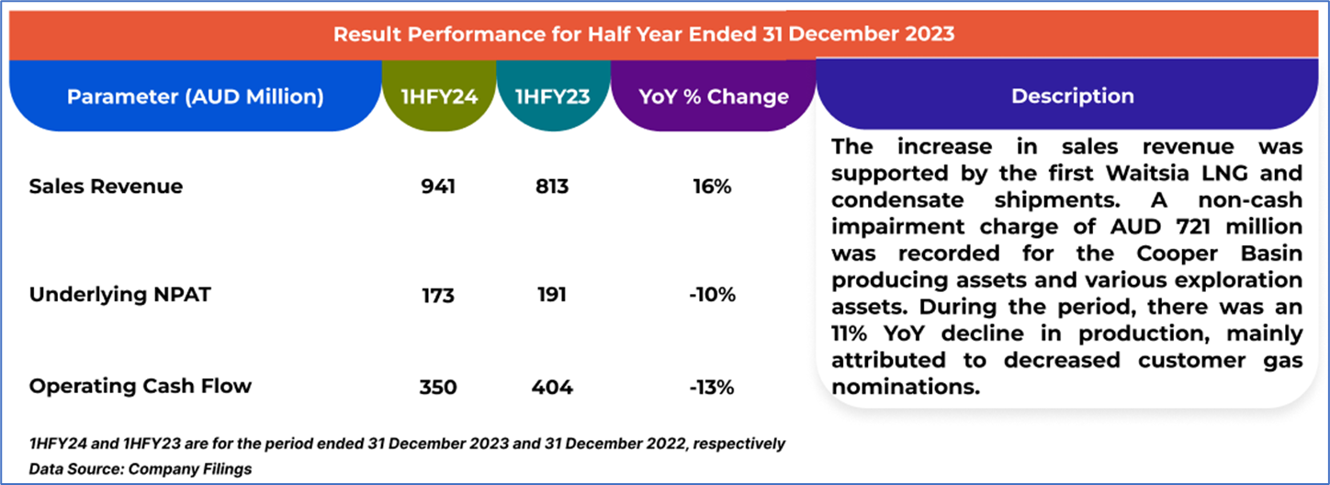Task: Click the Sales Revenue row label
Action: (x=106, y=186)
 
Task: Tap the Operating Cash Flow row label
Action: (x=140, y=386)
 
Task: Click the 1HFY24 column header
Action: (x=438, y=96)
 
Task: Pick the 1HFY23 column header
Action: (x=551, y=96)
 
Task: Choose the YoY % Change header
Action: (x=713, y=96)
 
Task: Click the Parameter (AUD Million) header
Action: (x=195, y=96)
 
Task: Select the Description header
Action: (x=1072, y=96)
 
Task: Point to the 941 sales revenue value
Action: (x=437, y=186)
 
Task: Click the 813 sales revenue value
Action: (x=551, y=186)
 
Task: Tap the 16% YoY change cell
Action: (x=712, y=186)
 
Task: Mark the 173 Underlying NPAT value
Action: (x=437, y=295)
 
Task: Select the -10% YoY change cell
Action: (x=712, y=295)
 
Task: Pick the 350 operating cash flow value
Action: (x=437, y=387)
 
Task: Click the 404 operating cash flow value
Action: (x=551, y=387)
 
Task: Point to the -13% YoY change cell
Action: (x=712, y=387)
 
